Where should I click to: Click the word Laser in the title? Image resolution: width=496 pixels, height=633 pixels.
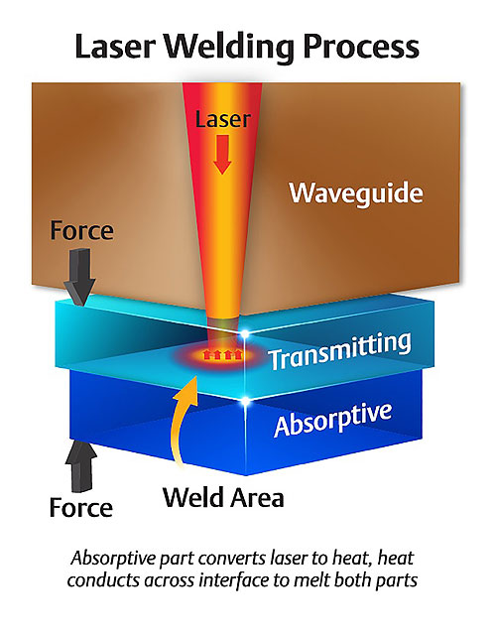pos(115,47)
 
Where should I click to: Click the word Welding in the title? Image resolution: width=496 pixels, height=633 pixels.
pos(229,48)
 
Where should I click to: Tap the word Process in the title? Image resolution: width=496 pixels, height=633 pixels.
pos(361,47)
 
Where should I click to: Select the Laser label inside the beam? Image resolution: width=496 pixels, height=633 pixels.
pos(223,119)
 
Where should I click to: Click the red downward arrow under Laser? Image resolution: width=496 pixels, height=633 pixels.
pos(222,155)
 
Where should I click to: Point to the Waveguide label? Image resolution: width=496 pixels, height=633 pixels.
pos(356,192)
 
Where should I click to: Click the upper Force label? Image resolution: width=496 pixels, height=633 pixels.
pos(82,230)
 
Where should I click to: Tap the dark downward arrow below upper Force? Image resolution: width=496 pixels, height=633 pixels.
pos(80,277)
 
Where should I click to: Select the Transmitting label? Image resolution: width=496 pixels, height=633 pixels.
pos(340,351)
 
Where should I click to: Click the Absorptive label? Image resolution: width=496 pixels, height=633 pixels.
pos(333,419)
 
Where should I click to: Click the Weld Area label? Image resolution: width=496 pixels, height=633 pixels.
pos(223,497)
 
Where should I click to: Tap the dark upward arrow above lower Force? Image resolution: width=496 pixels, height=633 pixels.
pos(81,465)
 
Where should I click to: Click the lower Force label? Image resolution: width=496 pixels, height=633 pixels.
pos(81,507)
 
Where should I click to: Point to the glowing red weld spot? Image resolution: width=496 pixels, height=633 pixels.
pos(223,355)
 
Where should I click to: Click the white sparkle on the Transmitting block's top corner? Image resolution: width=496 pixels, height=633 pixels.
pos(245,333)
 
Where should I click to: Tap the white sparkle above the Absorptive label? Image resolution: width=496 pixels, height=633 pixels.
pos(245,401)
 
